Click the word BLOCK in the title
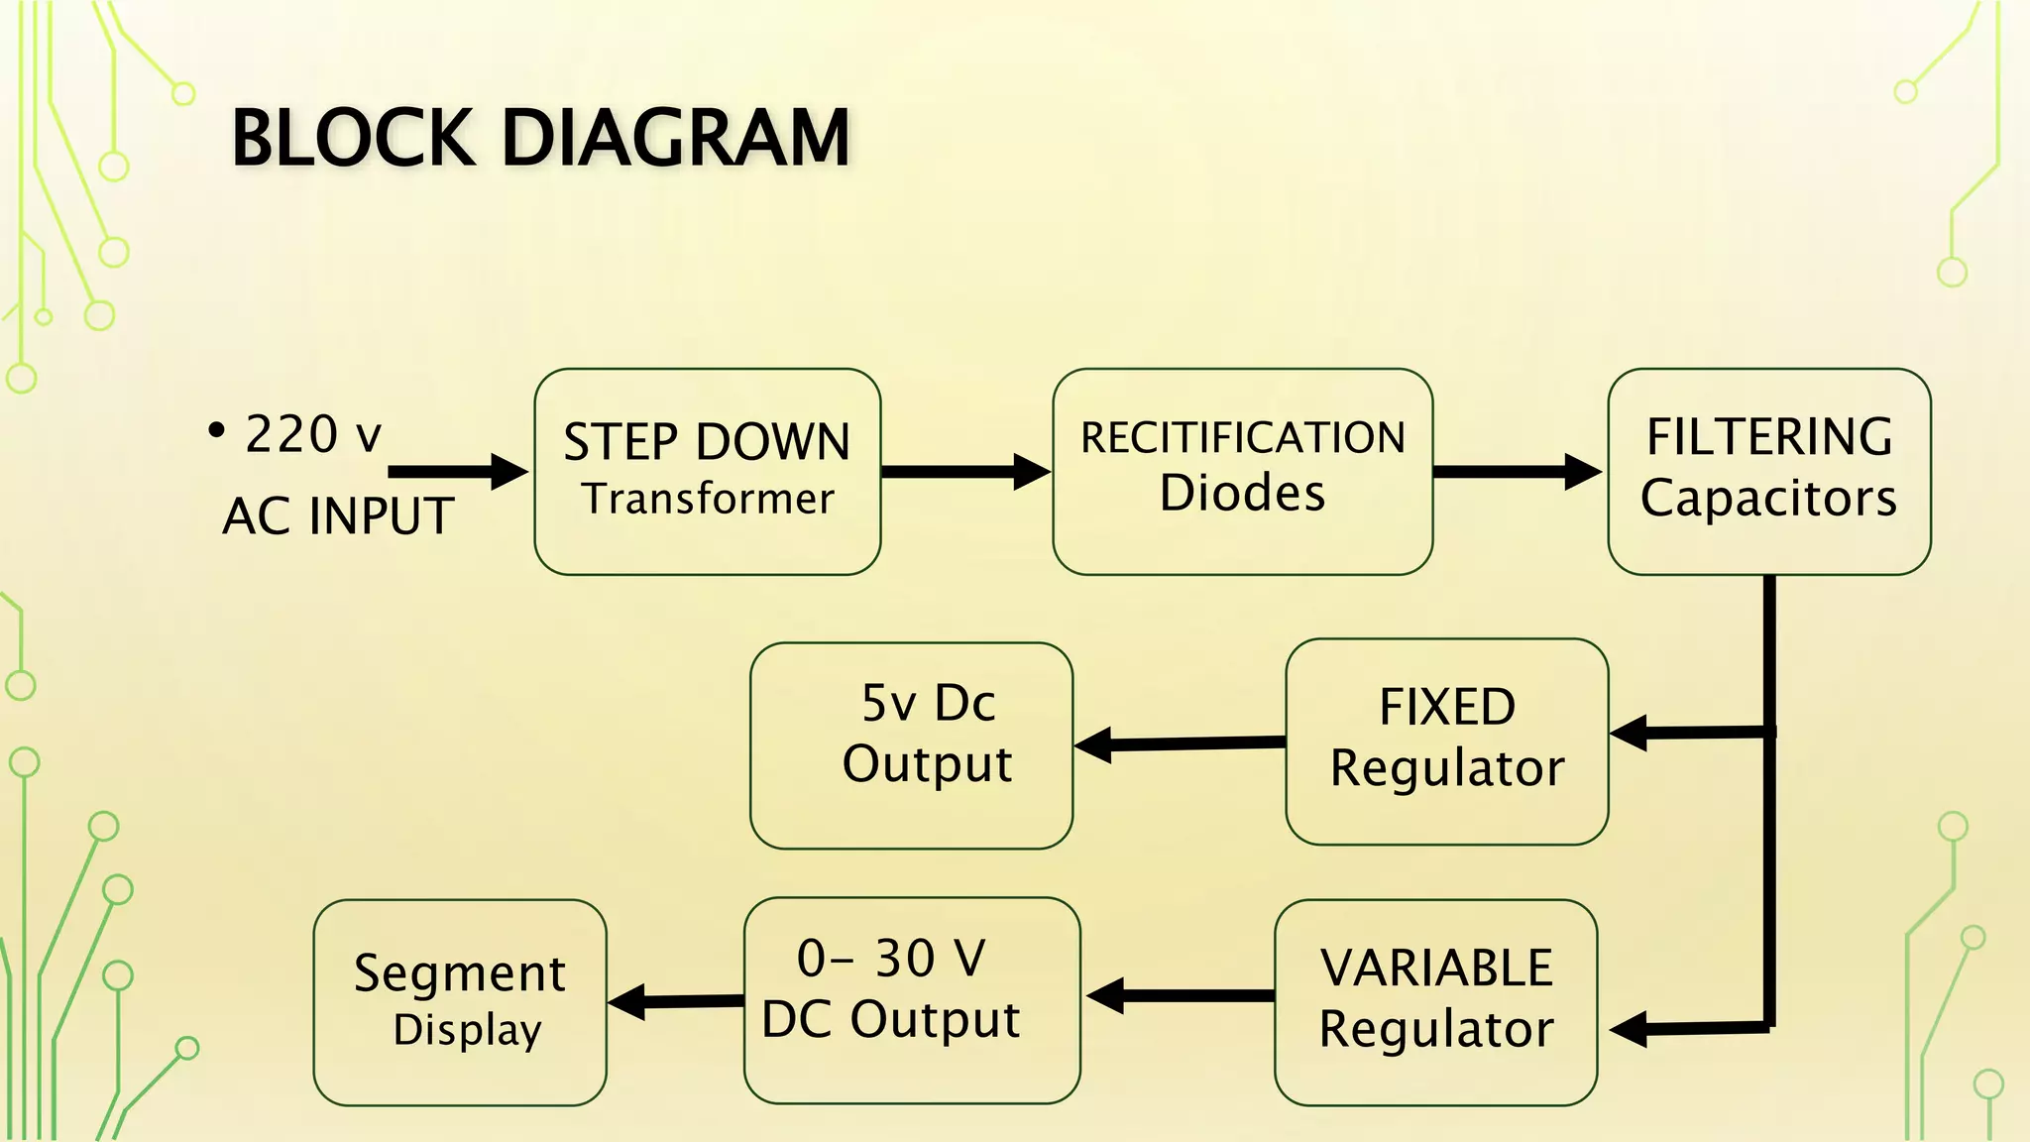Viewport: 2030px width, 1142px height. coord(352,138)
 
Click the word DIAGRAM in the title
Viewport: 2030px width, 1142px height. coord(676,138)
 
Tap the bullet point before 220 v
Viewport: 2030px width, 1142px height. coord(216,431)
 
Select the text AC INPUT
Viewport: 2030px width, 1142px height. coord(338,516)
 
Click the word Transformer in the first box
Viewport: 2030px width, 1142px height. coord(708,499)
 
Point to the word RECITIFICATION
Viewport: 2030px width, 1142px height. coord(1242,438)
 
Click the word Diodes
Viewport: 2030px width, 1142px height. coord(1242,493)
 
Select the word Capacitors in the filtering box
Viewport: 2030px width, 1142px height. coord(1768,498)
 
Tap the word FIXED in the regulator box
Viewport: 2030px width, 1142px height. coord(1447,707)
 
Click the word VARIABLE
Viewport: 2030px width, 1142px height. coord(1436,968)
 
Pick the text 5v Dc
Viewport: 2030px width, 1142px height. coord(928,703)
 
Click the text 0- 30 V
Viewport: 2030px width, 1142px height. coord(891,959)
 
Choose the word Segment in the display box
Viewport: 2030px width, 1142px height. coord(460,972)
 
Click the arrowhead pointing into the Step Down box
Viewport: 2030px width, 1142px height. coord(509,472)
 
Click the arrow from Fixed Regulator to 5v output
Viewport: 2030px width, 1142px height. coord(1180,743)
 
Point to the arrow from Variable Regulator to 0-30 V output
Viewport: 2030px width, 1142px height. coord(1180,995)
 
